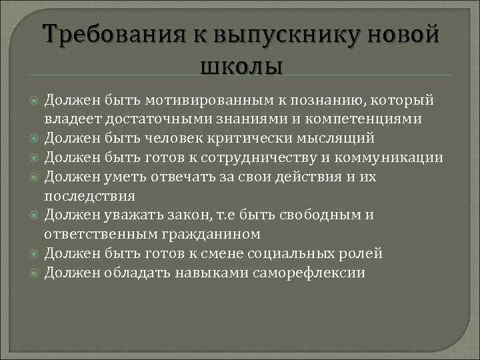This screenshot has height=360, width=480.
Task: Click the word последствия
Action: click(x=89, y=196)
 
